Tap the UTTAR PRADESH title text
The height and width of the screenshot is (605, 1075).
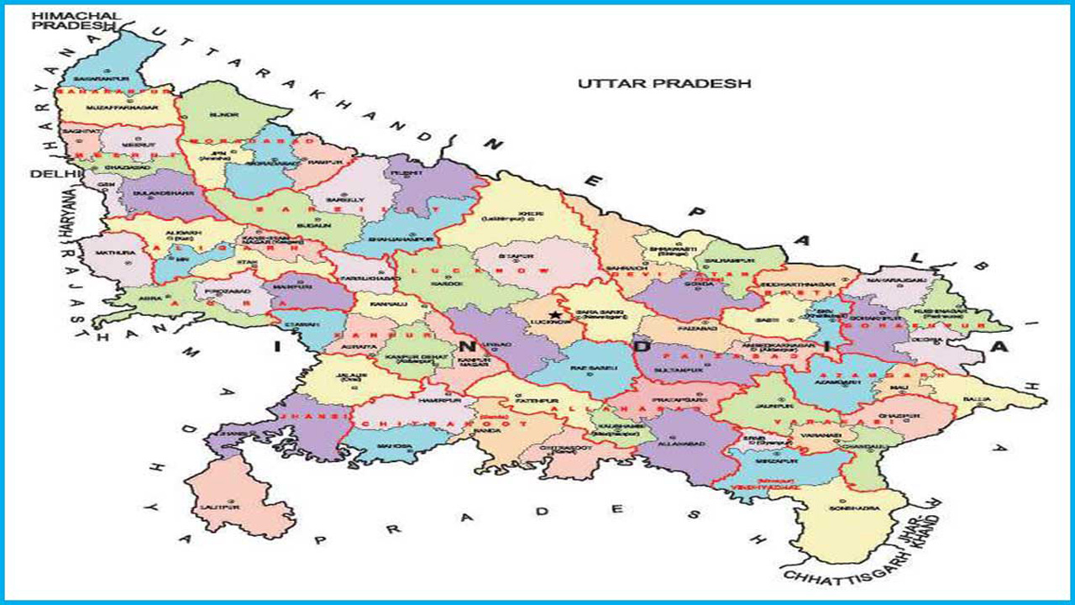(x=663, y=83)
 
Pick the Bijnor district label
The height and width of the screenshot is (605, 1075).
(x=218, y=113)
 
